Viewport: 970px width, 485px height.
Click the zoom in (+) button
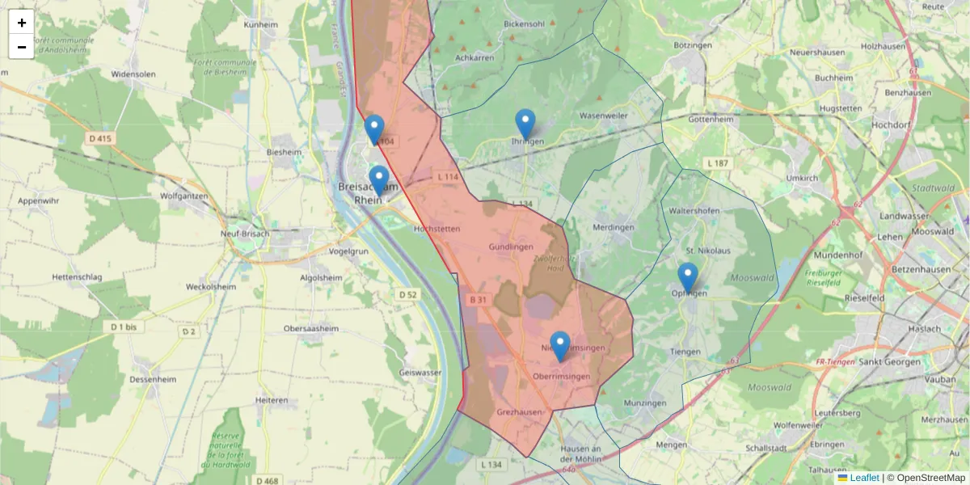[x=22, y=23]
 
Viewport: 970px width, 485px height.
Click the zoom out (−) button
[x=22, y=47]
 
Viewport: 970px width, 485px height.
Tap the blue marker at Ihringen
[x=525, y=124]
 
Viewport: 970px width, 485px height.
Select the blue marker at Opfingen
[x=688, y=277]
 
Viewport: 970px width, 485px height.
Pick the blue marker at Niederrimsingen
[x=559, y=346]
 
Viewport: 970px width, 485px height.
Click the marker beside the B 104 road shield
[x=374, y=129]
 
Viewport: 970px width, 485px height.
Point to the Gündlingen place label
[x=511, y=246]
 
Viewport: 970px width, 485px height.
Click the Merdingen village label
[x=614, y=227]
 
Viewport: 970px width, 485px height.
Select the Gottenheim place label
[x=710, y=118]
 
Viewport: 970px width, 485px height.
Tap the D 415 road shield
[x=100, y=139]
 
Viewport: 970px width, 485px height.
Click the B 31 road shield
[x=479, y=300]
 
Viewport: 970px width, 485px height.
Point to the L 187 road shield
[x=717, y=164]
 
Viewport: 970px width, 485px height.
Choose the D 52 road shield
[x=408, y=294]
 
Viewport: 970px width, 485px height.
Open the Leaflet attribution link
[x=863, y=478]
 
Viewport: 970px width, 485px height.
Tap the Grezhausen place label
[x=519, y=411]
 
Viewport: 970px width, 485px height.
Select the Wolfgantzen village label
[x=185, y=196]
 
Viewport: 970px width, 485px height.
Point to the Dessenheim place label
[x=154, y=378]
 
